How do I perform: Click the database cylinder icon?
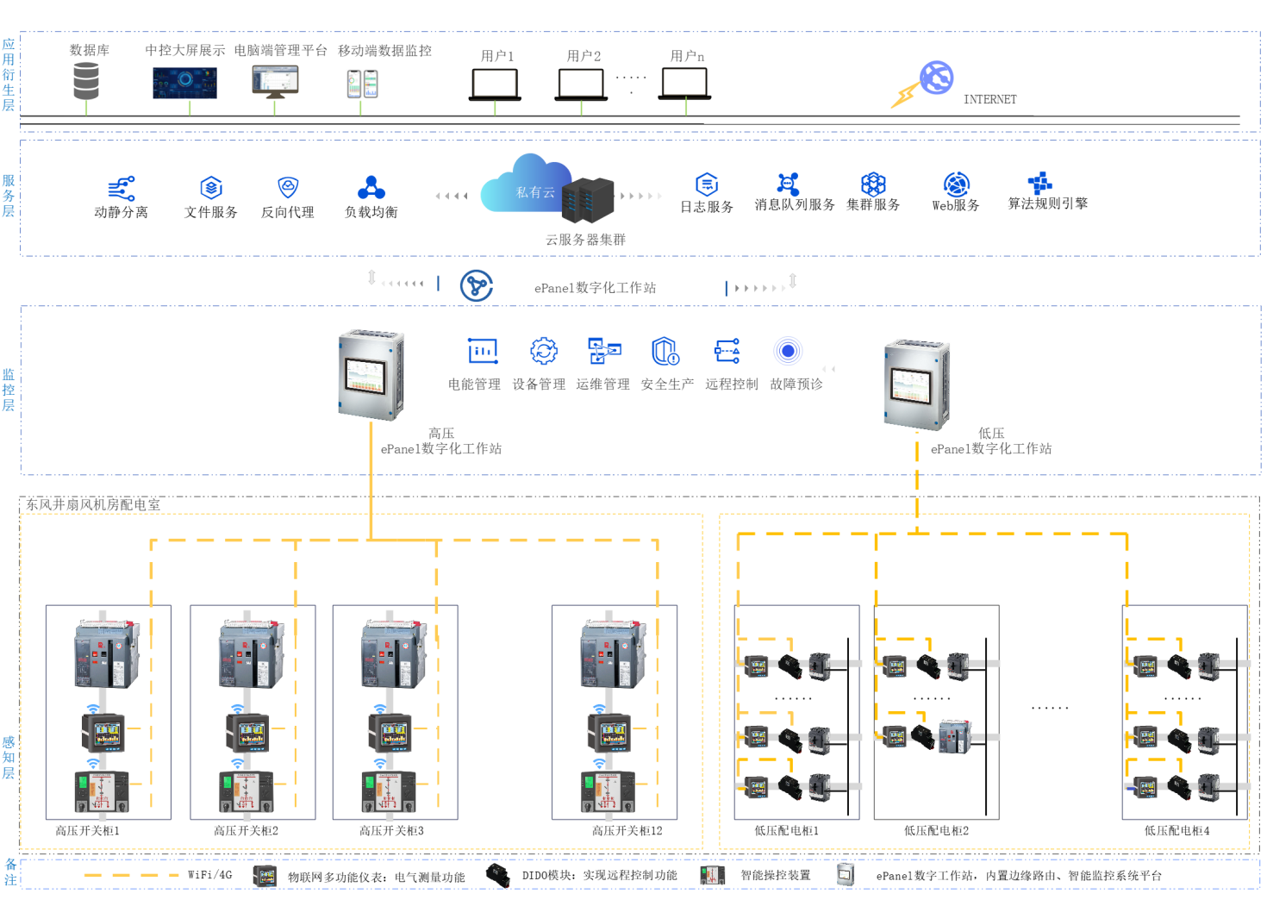tap(85, 81)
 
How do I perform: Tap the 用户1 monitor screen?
tap(495, 84)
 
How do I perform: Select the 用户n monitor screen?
tap(684, 83)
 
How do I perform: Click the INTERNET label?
tap(989, 100)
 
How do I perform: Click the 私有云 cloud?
tap(527, 185)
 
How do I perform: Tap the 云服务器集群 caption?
tap(585, 240)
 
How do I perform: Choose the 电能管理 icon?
tap(483, 351)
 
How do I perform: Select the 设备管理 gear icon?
tap(544, 351)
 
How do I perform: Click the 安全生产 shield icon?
tap(665, 351)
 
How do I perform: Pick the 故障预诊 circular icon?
tap(788, 351)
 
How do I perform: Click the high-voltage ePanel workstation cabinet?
tap(371, 374)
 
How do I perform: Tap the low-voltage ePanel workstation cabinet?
tap(916, 384)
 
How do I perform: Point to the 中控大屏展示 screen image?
tap(184, 83)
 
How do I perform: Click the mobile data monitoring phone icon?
tap(362, 84)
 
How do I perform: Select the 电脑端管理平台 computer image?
tap(275, 81)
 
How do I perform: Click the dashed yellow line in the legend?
tap(131, 876)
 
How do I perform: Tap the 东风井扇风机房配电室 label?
tap(92, 504)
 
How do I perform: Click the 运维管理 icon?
tap(604, 351)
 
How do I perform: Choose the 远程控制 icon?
tap(727, 351)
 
